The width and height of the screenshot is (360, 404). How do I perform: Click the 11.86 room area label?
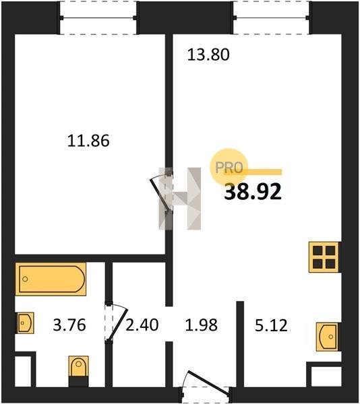88,141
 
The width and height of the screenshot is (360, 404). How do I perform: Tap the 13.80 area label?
208,55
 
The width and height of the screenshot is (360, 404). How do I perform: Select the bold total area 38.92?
253,192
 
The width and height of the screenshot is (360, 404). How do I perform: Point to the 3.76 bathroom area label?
69,325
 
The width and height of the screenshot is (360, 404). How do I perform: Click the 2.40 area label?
142,325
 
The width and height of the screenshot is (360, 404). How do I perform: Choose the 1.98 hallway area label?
202,325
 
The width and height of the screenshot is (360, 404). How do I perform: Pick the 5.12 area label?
271,325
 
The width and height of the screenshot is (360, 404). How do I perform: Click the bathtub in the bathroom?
51,279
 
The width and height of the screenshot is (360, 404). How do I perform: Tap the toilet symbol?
78,371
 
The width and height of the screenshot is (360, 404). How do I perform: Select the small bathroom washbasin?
25,323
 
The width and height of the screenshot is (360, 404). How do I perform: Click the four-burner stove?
324,257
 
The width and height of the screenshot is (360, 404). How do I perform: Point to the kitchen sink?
328,337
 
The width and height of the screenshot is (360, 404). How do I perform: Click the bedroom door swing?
160,193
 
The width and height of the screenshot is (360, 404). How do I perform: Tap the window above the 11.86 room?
98,18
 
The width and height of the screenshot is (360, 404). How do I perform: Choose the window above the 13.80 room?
271,18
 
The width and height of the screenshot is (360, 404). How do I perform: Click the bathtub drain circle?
25,279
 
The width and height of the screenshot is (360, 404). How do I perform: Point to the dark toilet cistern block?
78,382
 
